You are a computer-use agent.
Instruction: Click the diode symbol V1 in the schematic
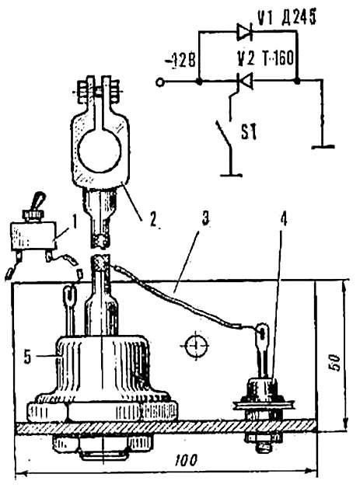(x=244, y=32)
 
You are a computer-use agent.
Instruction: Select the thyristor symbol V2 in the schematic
(x=244, y=82)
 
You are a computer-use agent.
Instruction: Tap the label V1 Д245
(x=286, y=17)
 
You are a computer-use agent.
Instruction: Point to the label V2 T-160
(x=265, y=58)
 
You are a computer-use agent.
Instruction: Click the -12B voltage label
(x=180, y=61)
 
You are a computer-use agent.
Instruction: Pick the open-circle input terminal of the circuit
(x=159, y=82)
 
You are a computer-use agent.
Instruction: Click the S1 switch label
(x=249, y=132)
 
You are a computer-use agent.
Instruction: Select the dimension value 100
(x=187, y=460)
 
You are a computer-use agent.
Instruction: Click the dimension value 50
(x=334, y=361)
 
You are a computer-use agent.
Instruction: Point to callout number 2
(x=152, y=219)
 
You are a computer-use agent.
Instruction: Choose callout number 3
(x=205, y=218)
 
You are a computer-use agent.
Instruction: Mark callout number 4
(x=283, y=218)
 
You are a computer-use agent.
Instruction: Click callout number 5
(x=28, y=357)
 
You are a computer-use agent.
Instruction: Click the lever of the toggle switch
(x=39, y=201)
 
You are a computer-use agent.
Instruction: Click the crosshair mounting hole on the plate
(x=196, y=346)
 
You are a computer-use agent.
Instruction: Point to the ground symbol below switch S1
(x=231, y=175)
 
